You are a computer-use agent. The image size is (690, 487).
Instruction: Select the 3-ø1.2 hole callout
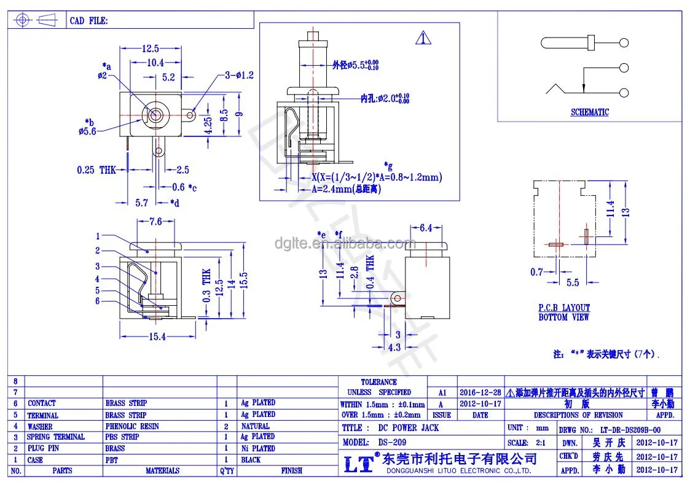239,75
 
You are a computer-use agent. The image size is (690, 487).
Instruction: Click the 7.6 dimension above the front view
155,222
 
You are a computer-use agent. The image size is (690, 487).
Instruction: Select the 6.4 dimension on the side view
430,228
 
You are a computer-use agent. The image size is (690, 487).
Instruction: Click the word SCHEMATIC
589,112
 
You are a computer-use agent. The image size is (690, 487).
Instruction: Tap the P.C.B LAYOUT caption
563,308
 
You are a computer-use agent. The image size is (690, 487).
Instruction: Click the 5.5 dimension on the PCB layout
572,283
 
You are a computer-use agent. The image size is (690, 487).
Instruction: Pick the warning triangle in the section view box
423,37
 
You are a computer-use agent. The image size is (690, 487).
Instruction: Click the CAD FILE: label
89,20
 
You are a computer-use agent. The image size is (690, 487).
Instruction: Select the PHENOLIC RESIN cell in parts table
132,426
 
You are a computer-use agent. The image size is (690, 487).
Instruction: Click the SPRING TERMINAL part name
56,437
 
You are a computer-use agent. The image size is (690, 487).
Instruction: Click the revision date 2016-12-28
480,392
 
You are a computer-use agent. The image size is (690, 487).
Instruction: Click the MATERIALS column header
162,470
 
